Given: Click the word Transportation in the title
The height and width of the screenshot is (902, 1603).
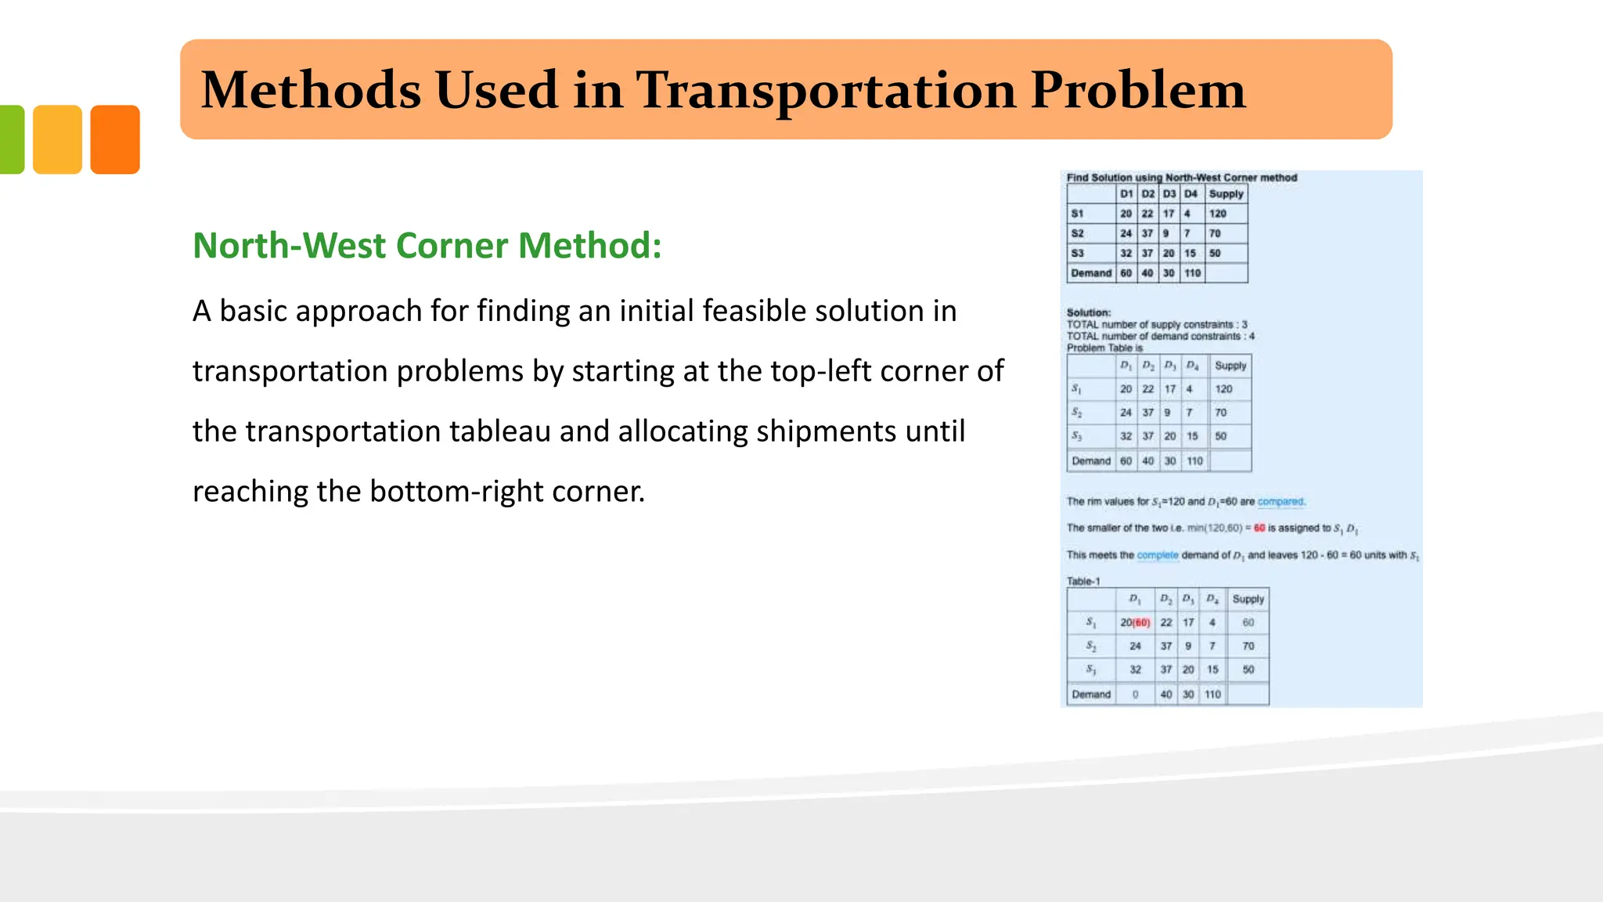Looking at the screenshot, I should click(x=825, y=90).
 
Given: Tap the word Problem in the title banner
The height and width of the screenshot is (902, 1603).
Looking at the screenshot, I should click(x=1137, y=90).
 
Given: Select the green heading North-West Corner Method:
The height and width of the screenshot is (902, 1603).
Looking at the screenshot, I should click(x=427, y=245).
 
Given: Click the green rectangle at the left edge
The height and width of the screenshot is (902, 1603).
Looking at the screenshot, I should click(x=11, y=139).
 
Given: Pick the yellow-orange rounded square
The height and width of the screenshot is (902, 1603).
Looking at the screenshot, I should click(x=57, y=139).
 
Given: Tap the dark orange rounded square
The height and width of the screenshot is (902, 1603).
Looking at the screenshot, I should click(x=115, y=139).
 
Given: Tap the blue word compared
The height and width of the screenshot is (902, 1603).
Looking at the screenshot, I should click(x=1281, y=502).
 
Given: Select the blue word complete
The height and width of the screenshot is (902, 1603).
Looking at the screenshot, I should click(x=1158, y=555).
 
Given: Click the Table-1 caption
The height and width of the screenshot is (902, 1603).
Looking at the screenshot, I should click(x=1083, y=582).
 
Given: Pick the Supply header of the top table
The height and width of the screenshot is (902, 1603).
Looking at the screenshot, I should click(x=1226, y=194).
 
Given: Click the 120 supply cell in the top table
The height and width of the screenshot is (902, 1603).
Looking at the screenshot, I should click(x=1218, y=214).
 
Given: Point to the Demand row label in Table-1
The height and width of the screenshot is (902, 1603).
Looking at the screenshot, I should click(x=1091, y=695).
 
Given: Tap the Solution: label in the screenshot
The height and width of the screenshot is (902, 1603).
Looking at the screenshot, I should click(x=1088, y=312).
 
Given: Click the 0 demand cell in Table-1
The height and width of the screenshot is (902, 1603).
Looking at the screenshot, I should click(x=1135, y=695).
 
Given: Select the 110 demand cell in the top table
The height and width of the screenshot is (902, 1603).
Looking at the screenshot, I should click(x=1192, y=273).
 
